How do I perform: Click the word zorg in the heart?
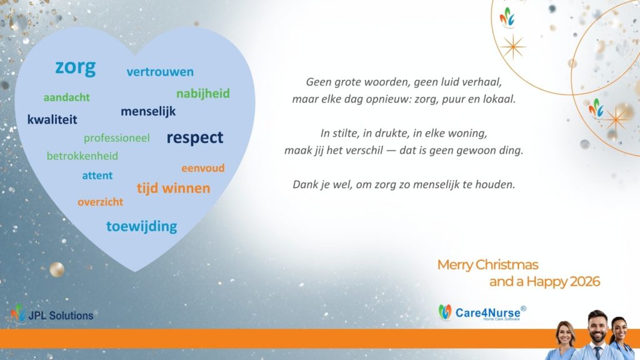pyautogui.click(x=76, y=67)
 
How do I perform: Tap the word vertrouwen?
pyautogui.click(x=160, y=72)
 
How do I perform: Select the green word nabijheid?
pyautogui.click(x=203, y=94)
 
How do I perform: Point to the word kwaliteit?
pyautogui.click(x=52, y=119)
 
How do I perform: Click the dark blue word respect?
pyautogui.click(x=195, y=138)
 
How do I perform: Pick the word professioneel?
pyautogui.click(x=117, y=138)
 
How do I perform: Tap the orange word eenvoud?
pyautogui.click(x=203, y=167)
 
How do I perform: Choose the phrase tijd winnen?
pyautogui.click(x=174, y=188)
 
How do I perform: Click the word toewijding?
pyautogui.click(x=142, y=226)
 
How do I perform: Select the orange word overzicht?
pyautogui.click(x=101, y=202)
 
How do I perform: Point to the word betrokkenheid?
pyautogui.click(x=82, y=156)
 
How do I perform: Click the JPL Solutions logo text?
pyautogui.click(x=61, y=316)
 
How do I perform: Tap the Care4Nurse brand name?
pyautogui.click(x=487, y=313)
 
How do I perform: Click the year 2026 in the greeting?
pyautogui.click(x=585, y=282)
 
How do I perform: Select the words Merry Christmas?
pyautogui.click(x=487, y=265)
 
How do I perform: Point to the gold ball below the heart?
pyautogui.click(x=57, y=270)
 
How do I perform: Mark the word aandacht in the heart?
pyautogui.click(x=66, y=97)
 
